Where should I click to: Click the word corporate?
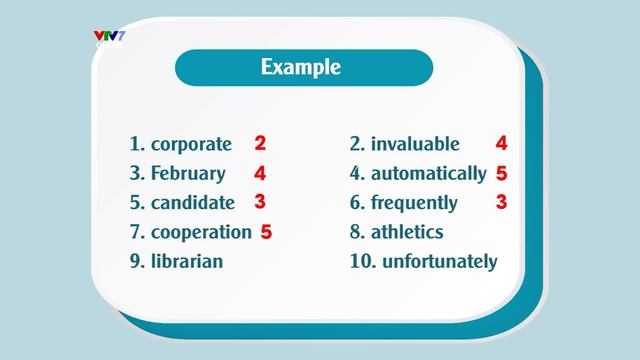191,144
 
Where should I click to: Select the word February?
188,173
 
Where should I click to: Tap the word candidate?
192,202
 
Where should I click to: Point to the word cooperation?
201,232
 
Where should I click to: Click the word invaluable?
415,144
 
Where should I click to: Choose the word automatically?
428,173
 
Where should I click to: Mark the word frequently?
413,202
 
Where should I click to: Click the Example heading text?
301,68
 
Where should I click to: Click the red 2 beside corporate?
260,143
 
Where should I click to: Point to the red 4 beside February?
260,172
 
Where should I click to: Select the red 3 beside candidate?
260,201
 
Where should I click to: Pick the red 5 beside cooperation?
266,231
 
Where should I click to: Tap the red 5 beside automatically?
502,172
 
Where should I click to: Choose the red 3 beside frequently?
502,201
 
